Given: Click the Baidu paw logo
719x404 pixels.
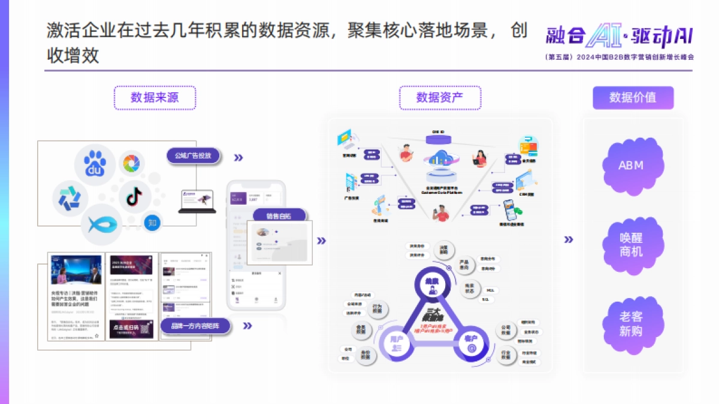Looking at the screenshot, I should point(95,164).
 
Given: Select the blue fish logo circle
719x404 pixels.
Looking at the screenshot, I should point(102,224).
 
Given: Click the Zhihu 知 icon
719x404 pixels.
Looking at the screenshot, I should point(152,223).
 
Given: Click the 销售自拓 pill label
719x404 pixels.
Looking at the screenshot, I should point(280,217).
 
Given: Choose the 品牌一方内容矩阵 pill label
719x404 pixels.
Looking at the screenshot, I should point(195,326).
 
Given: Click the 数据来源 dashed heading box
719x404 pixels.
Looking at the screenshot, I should point(155,98).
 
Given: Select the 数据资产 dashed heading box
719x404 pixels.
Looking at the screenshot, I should point(440,98).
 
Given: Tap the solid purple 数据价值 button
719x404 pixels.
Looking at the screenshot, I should point(633,98).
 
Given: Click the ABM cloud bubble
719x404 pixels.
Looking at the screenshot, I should point(632,165).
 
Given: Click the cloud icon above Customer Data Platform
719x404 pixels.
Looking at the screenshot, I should point(440,159).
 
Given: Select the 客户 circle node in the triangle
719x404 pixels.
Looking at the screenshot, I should point(471,342).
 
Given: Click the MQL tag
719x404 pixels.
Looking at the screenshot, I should point(490,290).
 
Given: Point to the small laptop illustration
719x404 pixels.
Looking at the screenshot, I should point(197,201).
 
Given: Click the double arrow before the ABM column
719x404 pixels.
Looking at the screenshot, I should point(569,240).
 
